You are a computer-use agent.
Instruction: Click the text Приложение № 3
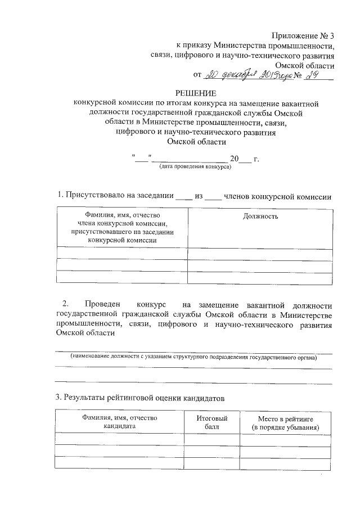pos(303,35)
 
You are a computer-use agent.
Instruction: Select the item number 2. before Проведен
pos(66,305)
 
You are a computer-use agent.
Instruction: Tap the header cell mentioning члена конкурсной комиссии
pos(121,228)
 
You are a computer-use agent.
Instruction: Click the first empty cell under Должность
pos(260,253)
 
